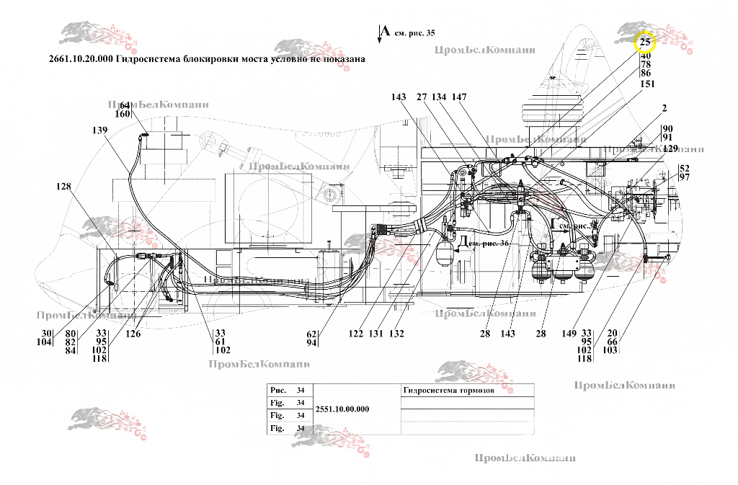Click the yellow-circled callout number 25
tap(644, 43)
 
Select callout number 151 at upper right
tap(647, 84)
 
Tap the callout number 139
tap(99, 130)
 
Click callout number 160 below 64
tap(123, 114)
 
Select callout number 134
tap(440, 97)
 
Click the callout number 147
tap(460, 97)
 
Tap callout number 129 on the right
tap(670, 148)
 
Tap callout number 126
tap(132, 334)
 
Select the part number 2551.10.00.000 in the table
tap(343, 409)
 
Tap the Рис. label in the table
tap(278, 390)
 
